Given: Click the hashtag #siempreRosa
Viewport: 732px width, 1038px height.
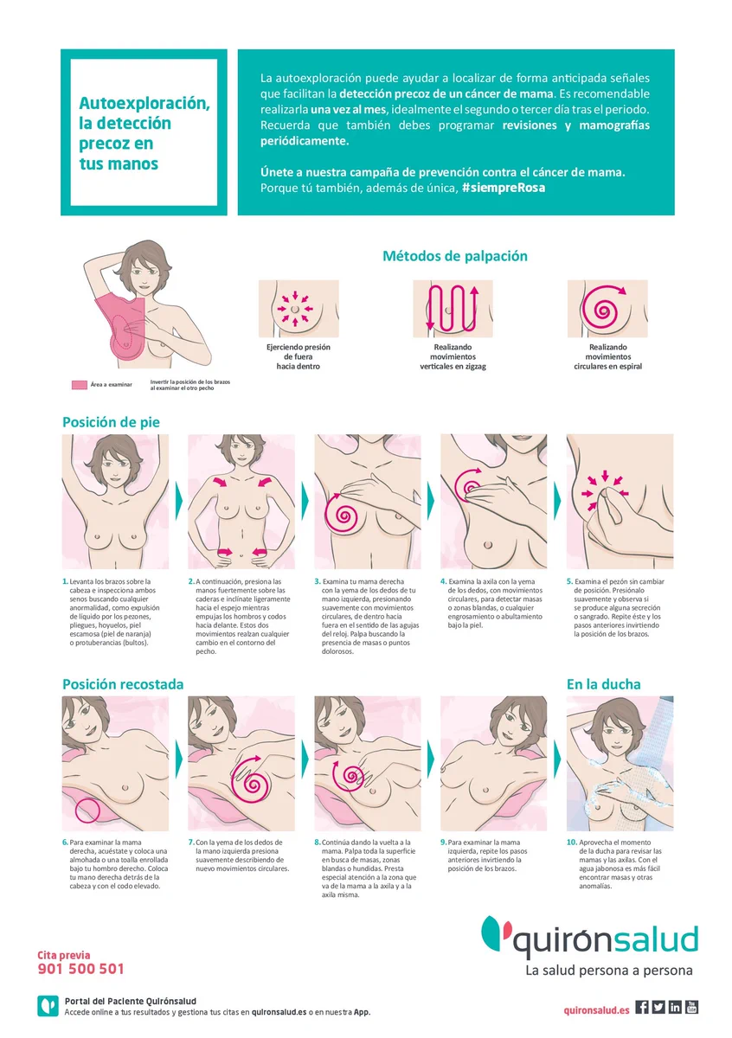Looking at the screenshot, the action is (503, 188).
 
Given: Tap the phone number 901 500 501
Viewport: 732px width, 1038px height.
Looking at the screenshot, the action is (80, 969).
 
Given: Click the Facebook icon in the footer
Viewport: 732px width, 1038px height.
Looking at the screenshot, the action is (642, 1007).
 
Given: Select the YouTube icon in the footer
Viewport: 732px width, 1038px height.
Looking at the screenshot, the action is (691, 1007).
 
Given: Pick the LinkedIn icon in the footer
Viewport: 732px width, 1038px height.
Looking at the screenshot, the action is (675, 1007).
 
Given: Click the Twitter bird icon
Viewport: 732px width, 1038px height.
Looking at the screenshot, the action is (658, 1007).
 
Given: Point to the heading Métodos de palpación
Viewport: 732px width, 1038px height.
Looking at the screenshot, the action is (455, 256).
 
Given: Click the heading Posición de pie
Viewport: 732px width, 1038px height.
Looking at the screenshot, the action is (112, 422).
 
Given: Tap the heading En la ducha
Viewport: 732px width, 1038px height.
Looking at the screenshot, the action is (604, 684).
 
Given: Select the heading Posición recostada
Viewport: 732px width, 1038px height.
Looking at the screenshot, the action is (123, 684).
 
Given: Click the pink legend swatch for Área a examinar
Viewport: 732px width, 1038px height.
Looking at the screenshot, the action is (80, 385).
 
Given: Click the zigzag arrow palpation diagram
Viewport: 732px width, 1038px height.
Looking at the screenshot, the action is (453, 309).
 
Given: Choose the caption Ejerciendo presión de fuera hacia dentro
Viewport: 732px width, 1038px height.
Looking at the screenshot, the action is (299, 356).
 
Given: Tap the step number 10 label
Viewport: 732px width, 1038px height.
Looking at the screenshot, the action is (572, 842).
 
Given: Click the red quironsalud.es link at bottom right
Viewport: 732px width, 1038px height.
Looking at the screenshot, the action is (597, 1010).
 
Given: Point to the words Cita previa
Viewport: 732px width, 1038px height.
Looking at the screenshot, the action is (64, 955).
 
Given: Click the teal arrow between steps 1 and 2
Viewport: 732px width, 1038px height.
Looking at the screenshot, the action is (179, 501).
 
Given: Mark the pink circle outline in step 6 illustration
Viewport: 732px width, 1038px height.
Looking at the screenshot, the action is (87, 811).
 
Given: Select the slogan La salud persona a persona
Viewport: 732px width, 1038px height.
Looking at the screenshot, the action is (608, 971).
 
